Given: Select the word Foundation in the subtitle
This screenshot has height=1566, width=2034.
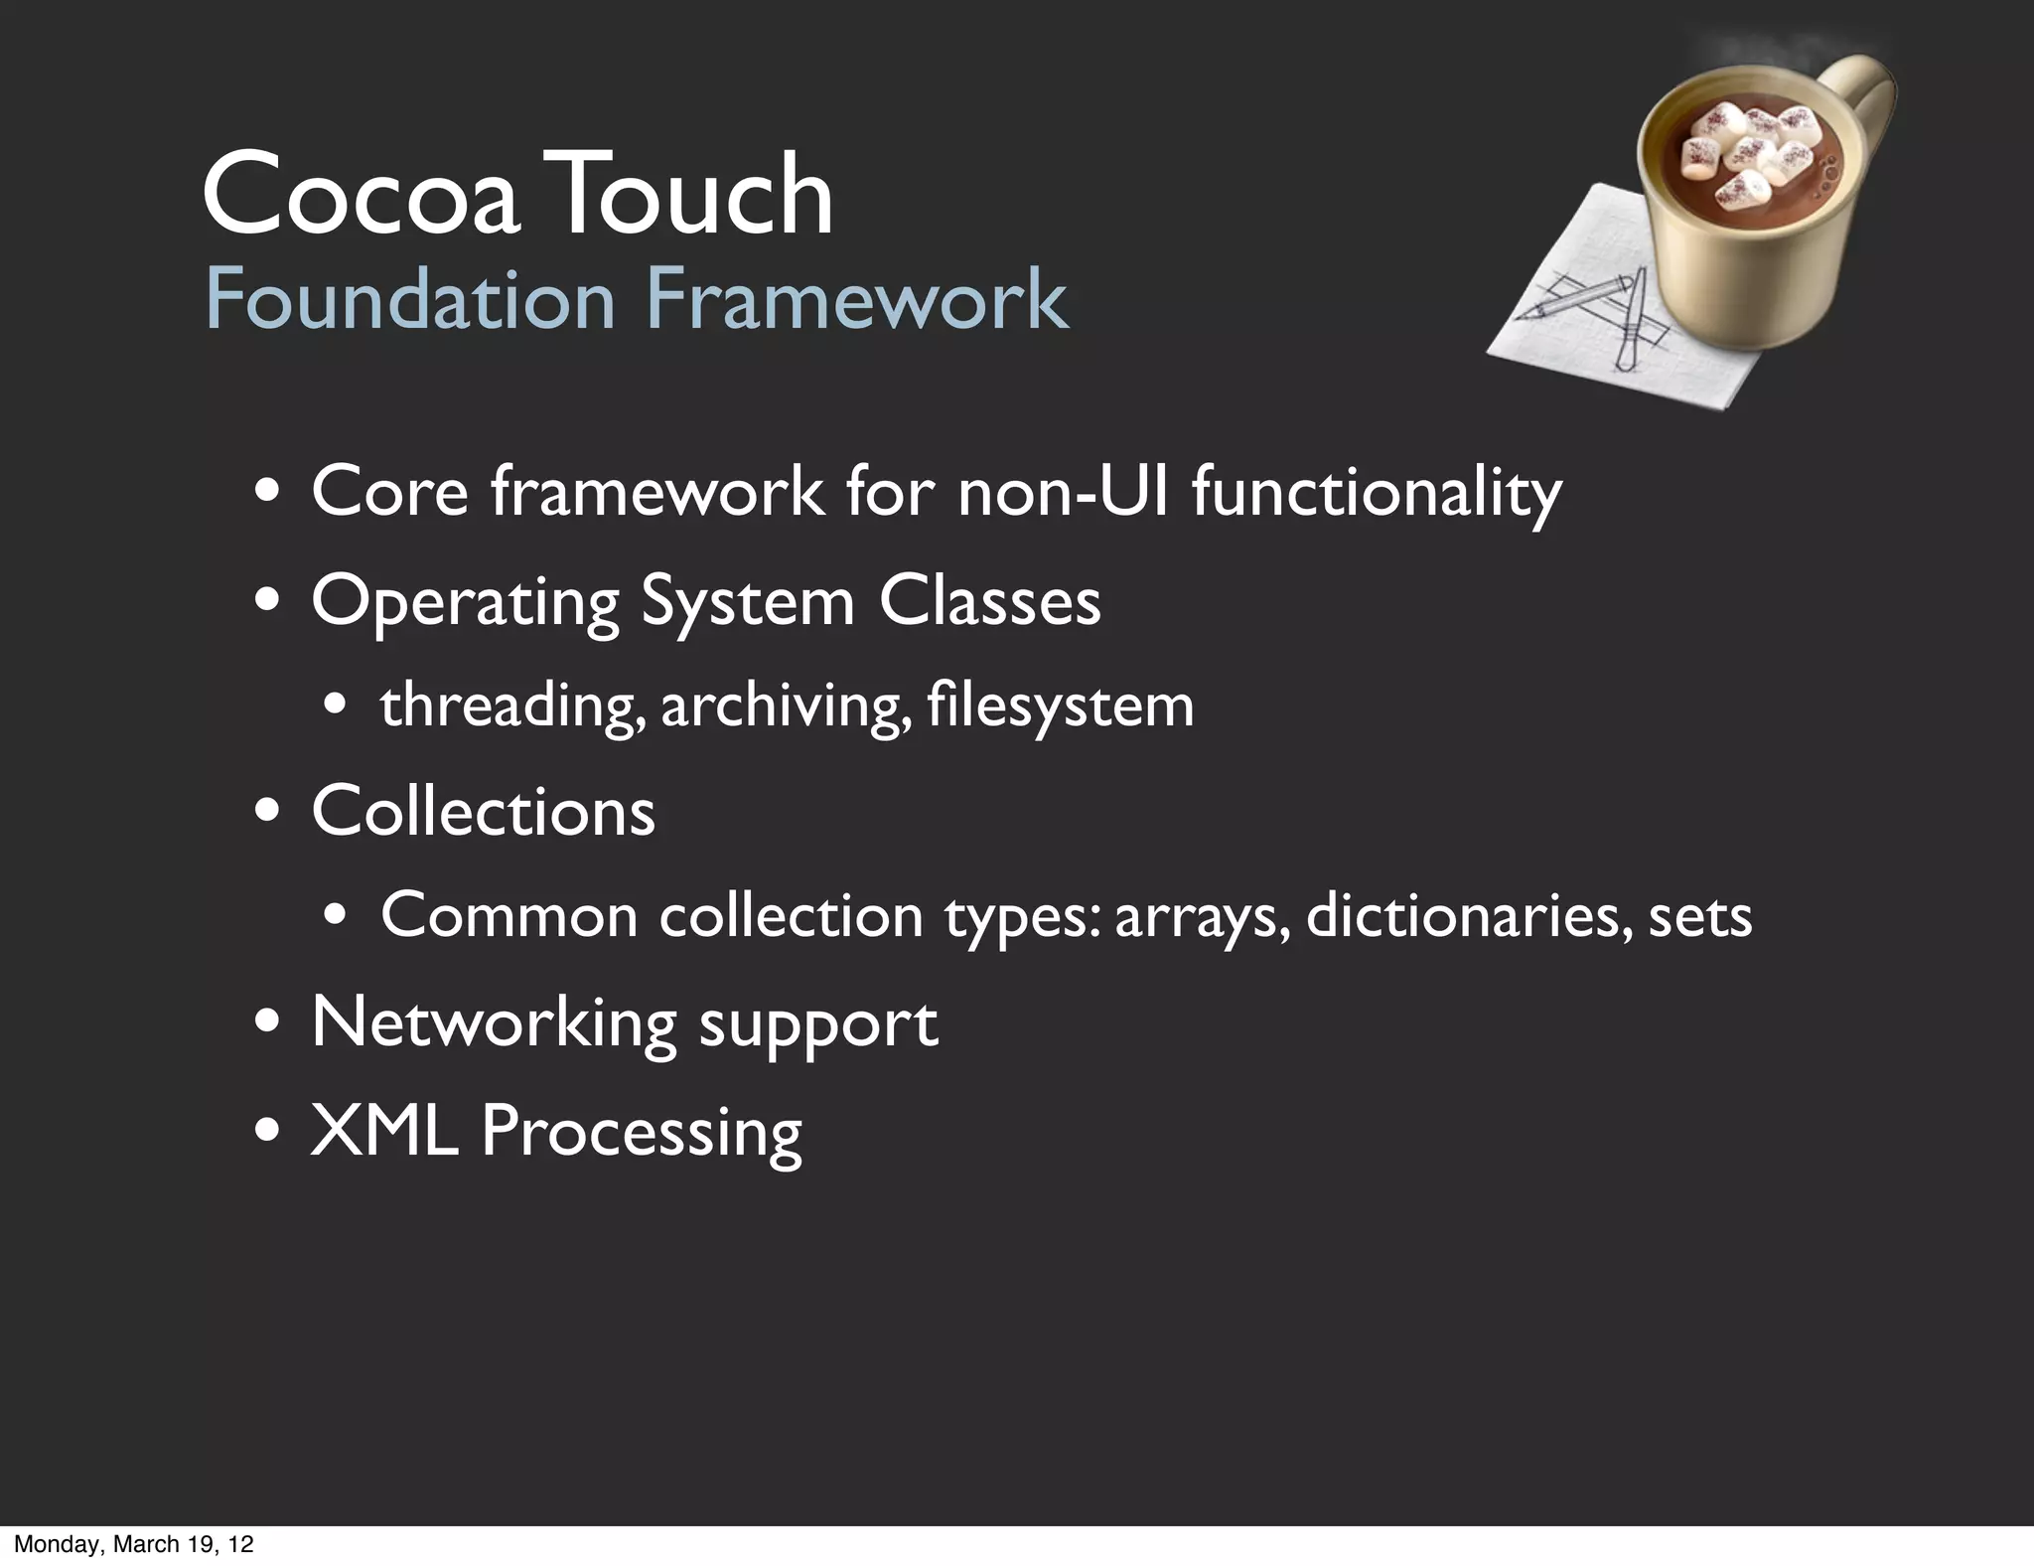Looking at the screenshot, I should click(410, 299).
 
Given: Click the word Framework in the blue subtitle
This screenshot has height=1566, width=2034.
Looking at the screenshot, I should click(857, 299).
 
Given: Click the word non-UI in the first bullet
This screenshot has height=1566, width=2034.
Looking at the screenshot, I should click(1064, 491).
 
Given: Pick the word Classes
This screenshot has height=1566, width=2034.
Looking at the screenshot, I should click(989, 601).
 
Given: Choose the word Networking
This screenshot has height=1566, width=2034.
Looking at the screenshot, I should click(494, 1023).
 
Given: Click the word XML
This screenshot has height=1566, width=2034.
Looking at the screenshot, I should click(384, 1131).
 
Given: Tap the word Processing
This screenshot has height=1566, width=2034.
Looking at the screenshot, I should click(642, 1134).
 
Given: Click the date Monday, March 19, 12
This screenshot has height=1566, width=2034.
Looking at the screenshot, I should click(134, 1544).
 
